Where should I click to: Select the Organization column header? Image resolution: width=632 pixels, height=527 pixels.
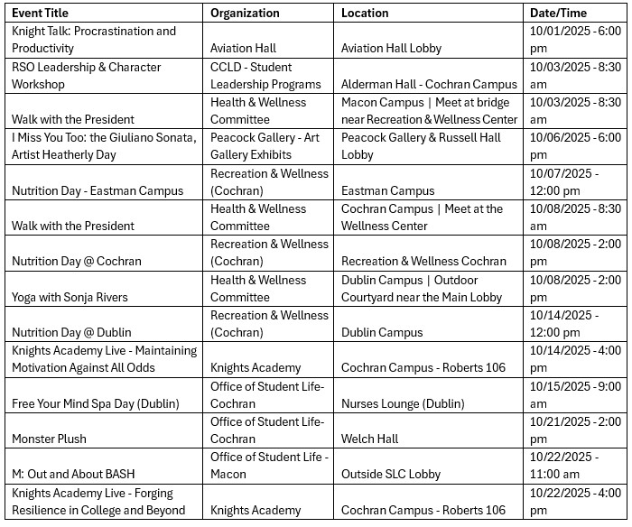point(245,14)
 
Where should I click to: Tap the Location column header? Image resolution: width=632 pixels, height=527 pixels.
point(365,14)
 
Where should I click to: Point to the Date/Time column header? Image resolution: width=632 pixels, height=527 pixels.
point(558,14)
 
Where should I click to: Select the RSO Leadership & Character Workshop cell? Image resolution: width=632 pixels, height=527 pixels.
point(87,75)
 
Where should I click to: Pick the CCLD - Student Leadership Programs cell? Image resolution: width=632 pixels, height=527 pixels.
point(265,75)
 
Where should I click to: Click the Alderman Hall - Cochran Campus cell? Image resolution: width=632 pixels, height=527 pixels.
point(429,84)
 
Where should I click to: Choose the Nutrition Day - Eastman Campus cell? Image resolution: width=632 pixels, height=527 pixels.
point(98,190)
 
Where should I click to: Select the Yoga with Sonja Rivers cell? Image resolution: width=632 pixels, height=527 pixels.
point(70,297)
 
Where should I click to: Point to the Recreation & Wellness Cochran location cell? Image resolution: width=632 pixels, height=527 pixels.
point(423,262)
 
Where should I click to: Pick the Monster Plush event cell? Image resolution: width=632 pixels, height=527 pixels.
point(50,439)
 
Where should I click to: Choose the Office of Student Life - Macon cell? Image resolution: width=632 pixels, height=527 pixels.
point(269,466)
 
